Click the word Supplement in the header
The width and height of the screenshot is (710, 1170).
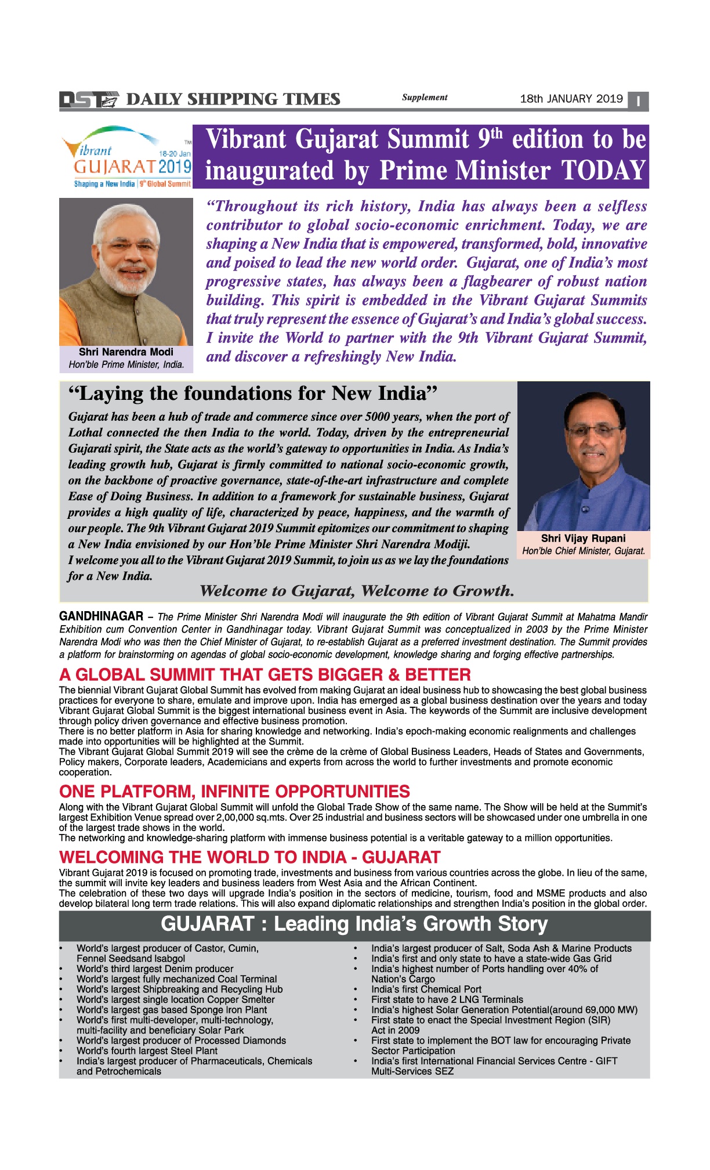tap(425, 98)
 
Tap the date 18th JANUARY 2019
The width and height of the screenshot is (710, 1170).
tap(571, 99)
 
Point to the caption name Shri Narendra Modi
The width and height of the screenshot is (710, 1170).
tap(126, 352)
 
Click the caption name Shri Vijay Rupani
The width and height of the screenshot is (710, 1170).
tap(583, 539)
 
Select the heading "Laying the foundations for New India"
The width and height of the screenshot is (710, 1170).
tap(252, 394)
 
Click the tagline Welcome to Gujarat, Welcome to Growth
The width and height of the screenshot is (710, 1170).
tap(357, 591)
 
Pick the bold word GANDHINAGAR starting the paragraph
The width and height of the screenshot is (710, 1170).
tap(101, 616)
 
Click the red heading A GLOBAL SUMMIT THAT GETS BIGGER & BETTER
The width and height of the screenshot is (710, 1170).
tap(265, 675)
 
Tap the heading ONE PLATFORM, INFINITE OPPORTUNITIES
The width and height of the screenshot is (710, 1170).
tap(234, 792)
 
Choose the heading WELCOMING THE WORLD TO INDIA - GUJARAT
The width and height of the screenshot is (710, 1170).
tap(249, 857)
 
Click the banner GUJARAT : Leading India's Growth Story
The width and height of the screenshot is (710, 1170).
tap(354, 924)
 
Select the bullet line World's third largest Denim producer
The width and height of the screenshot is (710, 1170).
tap(155, 969)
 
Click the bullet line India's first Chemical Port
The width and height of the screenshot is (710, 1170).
tap(426, 989)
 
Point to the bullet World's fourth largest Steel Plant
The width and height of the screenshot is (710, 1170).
tap(147, 1050)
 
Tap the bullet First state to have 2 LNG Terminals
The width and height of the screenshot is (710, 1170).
tap(447, 999)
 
